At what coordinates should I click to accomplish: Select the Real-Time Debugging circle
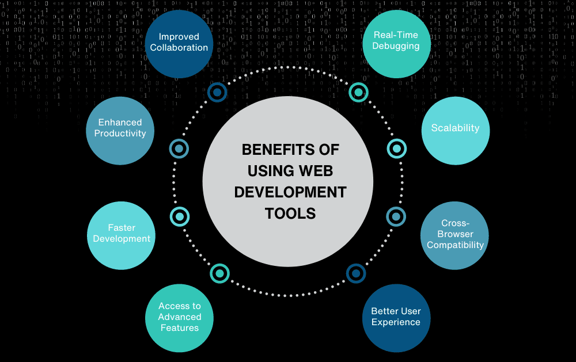(x=396, y=41)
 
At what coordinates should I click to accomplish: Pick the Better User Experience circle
(x=396, y=317)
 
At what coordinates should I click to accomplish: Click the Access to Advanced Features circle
(x=179, y=317)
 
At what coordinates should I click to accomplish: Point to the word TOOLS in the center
(x=290, y=214)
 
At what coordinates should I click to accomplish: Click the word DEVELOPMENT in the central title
(x=290, y=192)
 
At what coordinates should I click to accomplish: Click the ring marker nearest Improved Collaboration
(x=217, y=92)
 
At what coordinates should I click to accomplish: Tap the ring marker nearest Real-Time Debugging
(x=358, y=92)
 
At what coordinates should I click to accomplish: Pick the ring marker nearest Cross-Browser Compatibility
(x=396, y=216)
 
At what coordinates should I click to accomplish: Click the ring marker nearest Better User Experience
(x=356, y=272)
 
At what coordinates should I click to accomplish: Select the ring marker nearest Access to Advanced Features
(x=219, y=273)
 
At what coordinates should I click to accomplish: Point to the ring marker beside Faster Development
(x=180, y=216)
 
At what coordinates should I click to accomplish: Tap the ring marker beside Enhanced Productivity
(x=179, y=148)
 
